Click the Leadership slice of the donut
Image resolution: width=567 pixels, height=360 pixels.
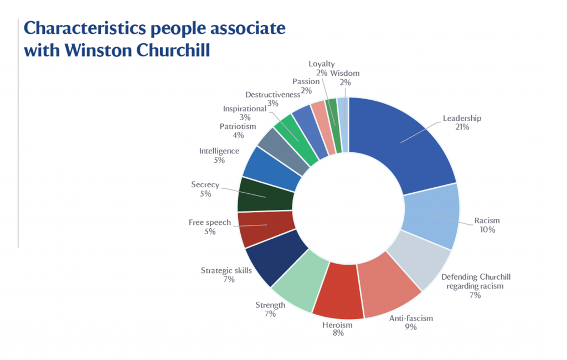pyautogui.click(x=410, y=138)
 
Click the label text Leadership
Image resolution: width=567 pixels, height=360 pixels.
pyautogui.click(x=462, y=118)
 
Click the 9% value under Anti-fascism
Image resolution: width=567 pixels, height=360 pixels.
pyautogui.click(x=410, y=327)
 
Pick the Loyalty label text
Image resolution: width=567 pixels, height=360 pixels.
pyautogui.click(x=322, y=64)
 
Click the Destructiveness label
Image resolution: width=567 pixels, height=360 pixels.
pyautogui.click(x=269, y=95)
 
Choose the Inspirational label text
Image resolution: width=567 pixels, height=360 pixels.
pyautogui.click(x=245, y=109)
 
